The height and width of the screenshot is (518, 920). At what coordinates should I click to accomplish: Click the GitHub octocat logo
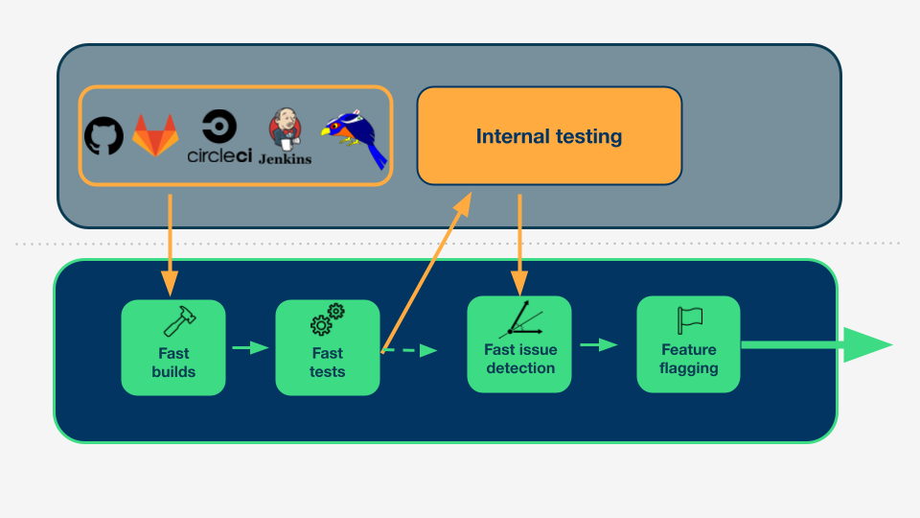103,135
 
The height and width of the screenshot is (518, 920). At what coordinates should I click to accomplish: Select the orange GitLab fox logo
155,135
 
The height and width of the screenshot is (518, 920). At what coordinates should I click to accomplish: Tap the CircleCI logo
219,136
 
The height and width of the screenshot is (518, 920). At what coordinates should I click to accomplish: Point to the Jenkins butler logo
286,136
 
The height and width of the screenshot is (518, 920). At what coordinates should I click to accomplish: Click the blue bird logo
355,138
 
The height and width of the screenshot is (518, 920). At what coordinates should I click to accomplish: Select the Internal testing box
549,135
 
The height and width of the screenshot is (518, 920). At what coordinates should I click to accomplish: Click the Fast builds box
173,347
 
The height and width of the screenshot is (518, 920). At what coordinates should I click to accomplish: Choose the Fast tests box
328,347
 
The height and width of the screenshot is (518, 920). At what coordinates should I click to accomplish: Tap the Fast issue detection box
519,344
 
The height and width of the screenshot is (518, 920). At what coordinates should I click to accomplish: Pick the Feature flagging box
688,344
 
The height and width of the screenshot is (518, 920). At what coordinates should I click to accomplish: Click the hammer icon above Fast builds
179,321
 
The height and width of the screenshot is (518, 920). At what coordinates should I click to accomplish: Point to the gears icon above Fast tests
328,319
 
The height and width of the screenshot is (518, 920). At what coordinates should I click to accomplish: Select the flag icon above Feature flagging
689,320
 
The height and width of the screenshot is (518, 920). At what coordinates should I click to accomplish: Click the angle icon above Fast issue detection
521,318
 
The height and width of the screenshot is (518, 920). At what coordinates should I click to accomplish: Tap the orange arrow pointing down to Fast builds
170,246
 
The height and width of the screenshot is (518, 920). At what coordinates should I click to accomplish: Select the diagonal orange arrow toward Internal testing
426,272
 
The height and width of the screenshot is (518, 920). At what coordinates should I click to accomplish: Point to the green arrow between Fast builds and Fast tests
250,347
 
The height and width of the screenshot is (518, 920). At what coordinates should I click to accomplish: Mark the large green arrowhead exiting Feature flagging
868,344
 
